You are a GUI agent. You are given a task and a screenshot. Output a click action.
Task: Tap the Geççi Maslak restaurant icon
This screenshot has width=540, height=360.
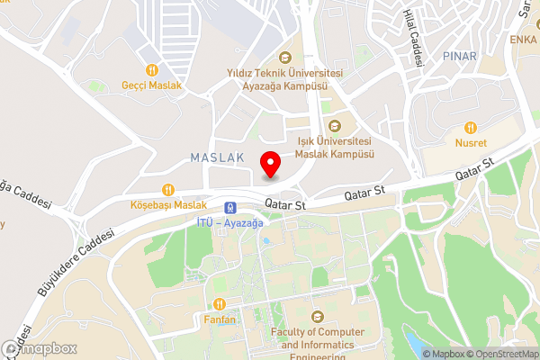(152, 69)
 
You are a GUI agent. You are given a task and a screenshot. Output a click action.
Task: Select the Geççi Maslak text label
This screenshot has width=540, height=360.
(152, 85)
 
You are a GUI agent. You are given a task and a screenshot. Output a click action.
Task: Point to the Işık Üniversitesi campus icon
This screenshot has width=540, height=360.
(335, 126)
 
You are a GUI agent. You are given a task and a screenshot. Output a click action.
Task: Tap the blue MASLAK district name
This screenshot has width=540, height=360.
(217, 157)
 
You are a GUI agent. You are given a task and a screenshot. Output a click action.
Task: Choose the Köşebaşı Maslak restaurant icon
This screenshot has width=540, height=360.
(167, 189)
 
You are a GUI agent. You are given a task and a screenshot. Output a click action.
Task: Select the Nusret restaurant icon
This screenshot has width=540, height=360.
(470, 127)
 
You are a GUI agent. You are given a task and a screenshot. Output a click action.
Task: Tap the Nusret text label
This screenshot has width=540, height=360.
(470, 143)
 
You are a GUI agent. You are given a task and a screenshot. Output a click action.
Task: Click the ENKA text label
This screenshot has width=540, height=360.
(523, 40)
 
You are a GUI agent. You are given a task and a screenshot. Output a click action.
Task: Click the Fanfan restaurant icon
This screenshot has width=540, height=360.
(220, 303)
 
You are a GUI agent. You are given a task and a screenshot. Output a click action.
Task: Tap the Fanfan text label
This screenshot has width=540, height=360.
(220, 319)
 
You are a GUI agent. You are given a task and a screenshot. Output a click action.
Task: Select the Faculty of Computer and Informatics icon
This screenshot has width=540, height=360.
(316, 317)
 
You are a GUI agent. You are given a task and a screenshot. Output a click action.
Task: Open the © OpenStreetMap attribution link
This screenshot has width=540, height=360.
(500, 354)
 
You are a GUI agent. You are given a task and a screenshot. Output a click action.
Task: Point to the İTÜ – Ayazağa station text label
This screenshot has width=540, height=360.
(229, 222)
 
